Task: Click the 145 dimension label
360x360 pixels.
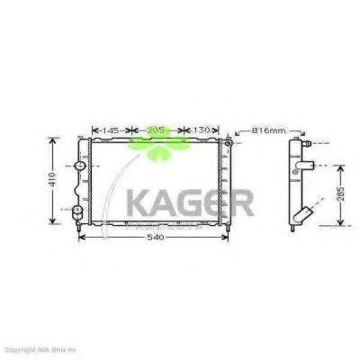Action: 111,131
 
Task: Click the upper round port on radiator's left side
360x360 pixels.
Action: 79,167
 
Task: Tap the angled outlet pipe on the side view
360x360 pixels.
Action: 303,216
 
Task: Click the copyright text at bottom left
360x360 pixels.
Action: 40,347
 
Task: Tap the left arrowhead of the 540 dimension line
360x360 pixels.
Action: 83,238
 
